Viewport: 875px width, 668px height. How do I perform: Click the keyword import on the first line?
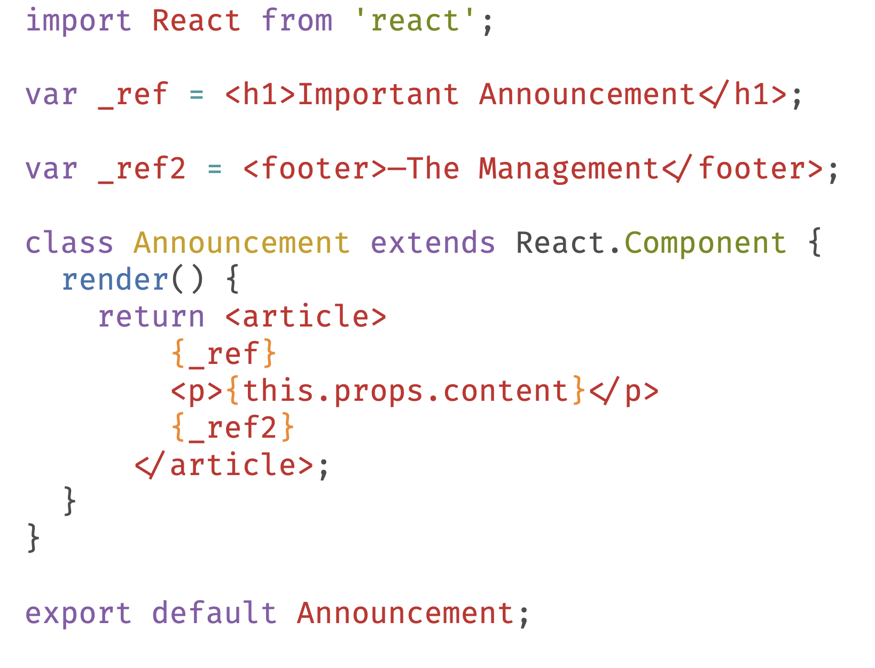[79, 21]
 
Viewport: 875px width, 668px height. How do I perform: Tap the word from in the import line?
[297, 21]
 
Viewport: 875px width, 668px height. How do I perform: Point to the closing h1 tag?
[743, 95]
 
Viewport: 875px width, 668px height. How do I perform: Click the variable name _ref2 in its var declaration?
[142, 169]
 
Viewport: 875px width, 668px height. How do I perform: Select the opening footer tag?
[315, 169]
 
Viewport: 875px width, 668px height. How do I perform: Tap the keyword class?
[69, 243]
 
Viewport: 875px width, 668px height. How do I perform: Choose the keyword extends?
[433, 243]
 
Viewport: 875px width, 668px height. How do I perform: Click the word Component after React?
[705, 243]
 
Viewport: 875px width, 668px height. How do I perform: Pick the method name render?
[115, 280]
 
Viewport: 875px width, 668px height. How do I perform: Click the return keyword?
[151, 317]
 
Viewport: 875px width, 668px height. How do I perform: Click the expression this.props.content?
[405, 391]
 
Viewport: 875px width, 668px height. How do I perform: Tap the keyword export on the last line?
[79, 613]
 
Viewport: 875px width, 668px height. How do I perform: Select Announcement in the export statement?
[405, 613]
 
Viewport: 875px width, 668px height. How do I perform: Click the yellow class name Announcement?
[242, 243]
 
